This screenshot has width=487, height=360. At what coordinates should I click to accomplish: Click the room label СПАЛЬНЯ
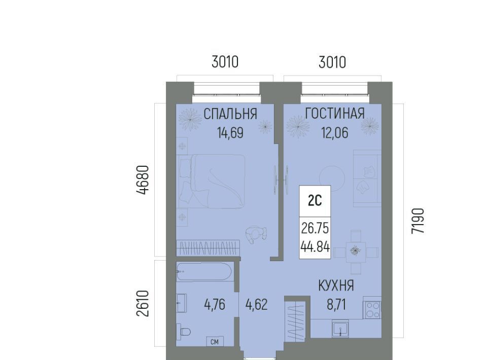click(x=230, y=114)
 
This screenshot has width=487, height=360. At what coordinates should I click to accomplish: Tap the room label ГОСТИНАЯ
click(x=335, y=113)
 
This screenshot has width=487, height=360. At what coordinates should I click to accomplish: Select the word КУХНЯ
click(x=336, y=285)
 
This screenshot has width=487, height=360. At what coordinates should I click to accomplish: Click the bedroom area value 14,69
click(x=230, y=133)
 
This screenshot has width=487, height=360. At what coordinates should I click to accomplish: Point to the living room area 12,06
click(x=334, y=133)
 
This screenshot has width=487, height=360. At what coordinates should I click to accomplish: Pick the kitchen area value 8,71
click(x=336, y=304)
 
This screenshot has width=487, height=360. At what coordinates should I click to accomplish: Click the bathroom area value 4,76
click(x=215, y=304)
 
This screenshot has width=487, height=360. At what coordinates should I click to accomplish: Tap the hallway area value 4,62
click(x=256, y=304)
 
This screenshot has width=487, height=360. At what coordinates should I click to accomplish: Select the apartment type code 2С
click(x=315, y=201)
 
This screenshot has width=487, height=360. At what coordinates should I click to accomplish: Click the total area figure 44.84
click(x=315, y=247)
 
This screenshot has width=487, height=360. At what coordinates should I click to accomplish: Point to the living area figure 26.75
click(x=315, y=228)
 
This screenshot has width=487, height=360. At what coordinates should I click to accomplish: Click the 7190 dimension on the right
click(x=418, y=221)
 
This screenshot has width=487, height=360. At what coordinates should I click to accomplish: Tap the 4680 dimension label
click(x=143, y=180)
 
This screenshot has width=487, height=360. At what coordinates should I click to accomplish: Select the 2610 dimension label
click(x=143, y=303)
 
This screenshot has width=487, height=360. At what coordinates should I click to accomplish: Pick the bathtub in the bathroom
click(x=204, y=272)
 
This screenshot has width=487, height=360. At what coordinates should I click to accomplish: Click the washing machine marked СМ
click(x=215, y=341)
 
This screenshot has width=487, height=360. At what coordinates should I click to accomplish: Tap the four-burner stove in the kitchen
click(x=372, y=310)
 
